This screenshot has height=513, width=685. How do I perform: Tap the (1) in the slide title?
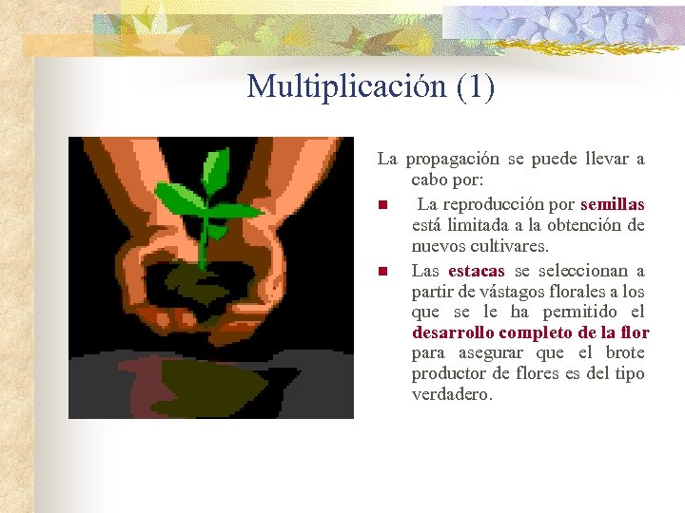[476, 86]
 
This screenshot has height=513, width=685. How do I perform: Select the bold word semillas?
[612, 204]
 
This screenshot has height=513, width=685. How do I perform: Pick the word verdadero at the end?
[452, 394]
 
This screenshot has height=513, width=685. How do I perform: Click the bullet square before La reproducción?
[382, 205]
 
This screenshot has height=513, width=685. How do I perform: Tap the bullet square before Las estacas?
[382, 272]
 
